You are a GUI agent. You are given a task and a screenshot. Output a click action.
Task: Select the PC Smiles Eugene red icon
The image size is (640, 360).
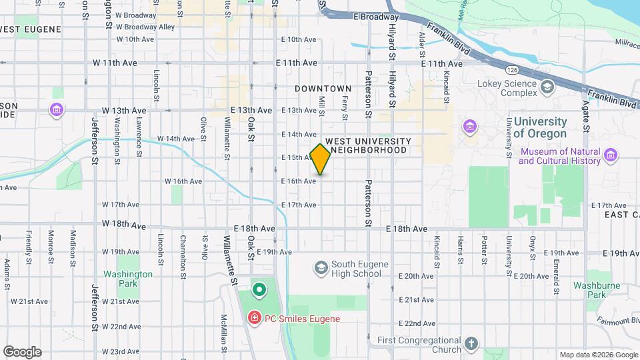pos(254,319)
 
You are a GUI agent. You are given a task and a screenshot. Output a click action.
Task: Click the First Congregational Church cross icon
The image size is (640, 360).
pos(471,344)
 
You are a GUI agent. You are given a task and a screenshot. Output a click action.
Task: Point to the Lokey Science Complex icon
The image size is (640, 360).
pos(547,87)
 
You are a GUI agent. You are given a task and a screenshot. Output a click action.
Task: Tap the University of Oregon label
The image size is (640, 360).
pos(540,127)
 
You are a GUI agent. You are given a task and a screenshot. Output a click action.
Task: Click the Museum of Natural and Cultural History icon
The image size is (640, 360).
pos(610,157)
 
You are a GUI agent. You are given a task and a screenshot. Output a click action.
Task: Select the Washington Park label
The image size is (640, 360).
pos(128,279)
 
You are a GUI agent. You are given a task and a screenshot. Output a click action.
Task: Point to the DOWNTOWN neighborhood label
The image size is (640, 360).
pos(323,89)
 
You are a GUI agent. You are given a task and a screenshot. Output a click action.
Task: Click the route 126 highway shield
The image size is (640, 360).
pos(512,69)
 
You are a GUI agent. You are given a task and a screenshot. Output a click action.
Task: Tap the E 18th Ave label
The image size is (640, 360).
pos(407,229)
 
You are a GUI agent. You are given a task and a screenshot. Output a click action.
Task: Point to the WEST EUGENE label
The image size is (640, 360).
pos(31,29)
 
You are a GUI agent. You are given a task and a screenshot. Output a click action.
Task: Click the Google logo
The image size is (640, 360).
pos(22,352)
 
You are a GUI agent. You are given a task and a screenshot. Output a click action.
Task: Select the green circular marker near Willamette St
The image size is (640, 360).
pos(259,290)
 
